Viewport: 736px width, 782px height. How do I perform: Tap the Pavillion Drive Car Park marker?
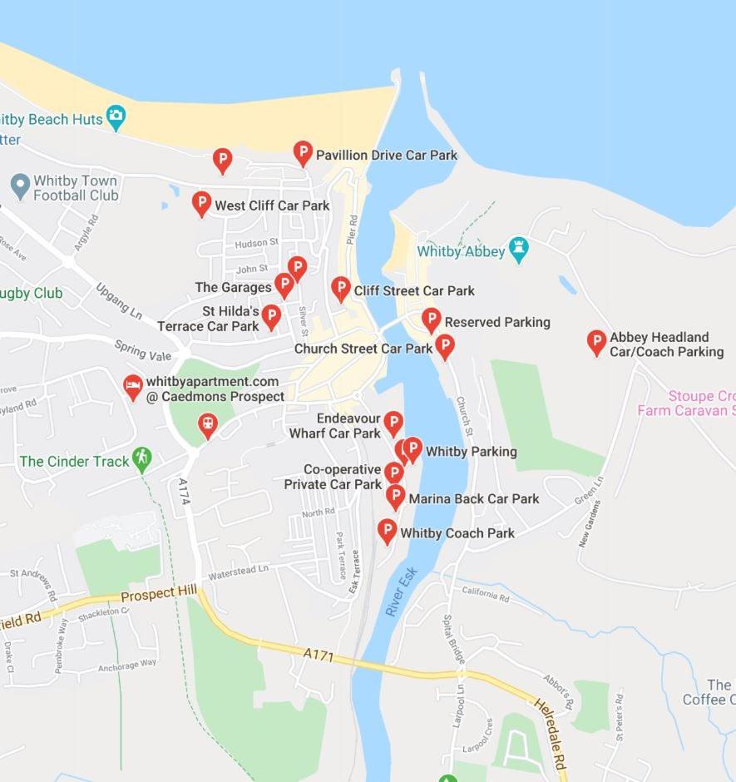(x=303, y=152)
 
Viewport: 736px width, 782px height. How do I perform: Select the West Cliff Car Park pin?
(x=201, y=203)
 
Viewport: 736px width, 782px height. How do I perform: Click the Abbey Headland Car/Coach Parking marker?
(x=596, y=341)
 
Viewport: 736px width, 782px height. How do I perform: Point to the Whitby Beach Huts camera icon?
(x=116, y=117)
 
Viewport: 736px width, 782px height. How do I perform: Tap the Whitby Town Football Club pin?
(x=20, y=186)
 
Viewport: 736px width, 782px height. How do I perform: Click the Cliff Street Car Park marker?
(x=340, y=289)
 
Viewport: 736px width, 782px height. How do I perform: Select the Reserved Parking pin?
(x=431, y=319)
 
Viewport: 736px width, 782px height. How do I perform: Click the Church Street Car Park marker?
(x=445, y=346)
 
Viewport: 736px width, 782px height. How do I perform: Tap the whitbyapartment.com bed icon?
(x=133, y=387)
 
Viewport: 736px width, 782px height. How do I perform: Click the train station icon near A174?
(x=207, y=426)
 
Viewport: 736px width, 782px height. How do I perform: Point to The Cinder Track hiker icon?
(x=142, y=458)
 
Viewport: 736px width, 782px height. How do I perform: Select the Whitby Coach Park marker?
(x=387, y=531)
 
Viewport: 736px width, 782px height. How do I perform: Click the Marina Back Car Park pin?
(x=396, y=497)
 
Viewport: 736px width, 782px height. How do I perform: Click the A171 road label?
(x=319, y=656)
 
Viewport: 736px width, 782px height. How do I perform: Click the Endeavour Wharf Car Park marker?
(x=393, y=423)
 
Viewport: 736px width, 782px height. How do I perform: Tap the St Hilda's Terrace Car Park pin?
(x=271, y=316)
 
